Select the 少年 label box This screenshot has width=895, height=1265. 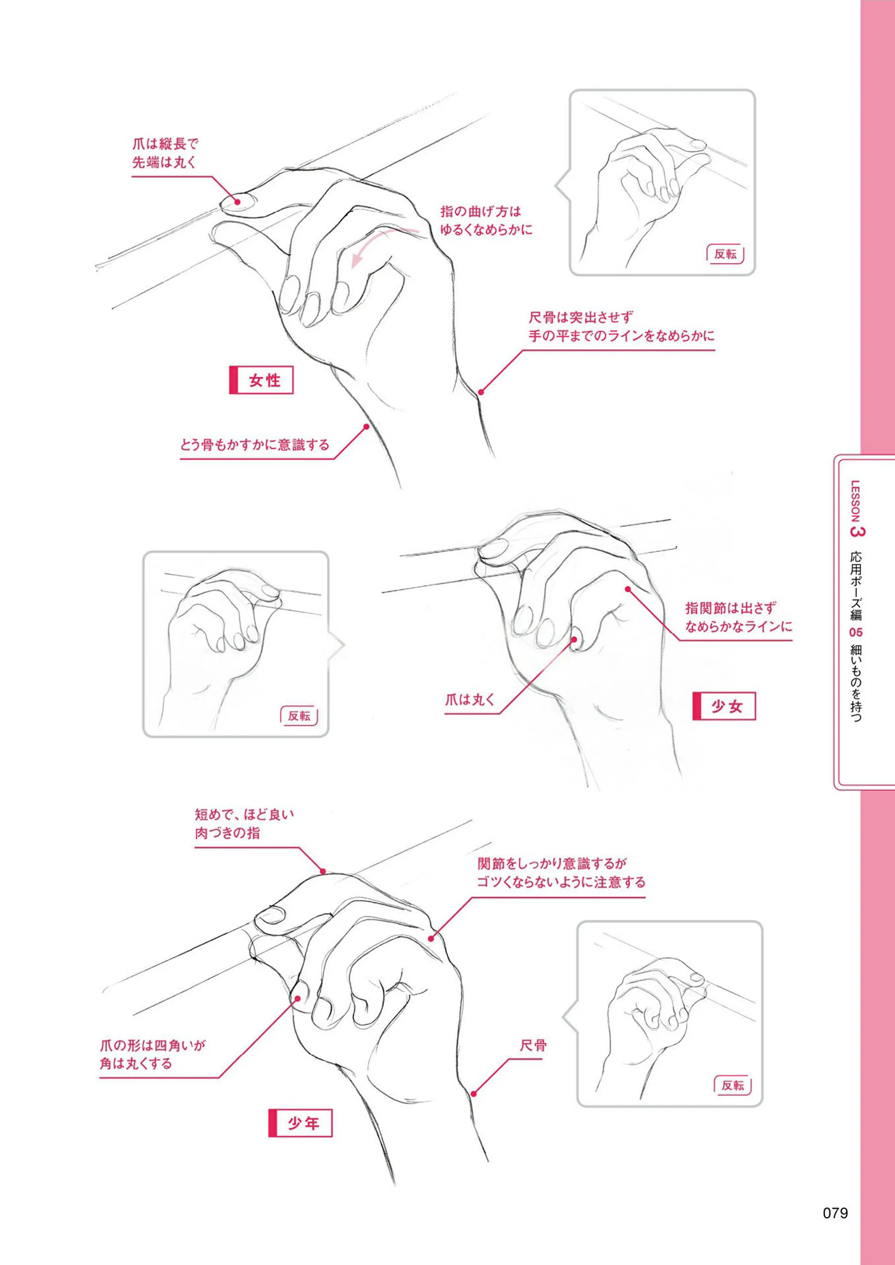coord(300,1123)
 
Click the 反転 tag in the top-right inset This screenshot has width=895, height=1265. coord(725,254)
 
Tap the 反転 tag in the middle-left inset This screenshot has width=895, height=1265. coord(299,716)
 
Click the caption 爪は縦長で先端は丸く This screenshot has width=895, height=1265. coord(165,153)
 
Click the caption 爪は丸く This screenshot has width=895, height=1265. coord(470,700)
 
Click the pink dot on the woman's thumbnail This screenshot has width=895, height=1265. coord(238,201)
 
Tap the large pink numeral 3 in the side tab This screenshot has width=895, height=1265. coord(858,531)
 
